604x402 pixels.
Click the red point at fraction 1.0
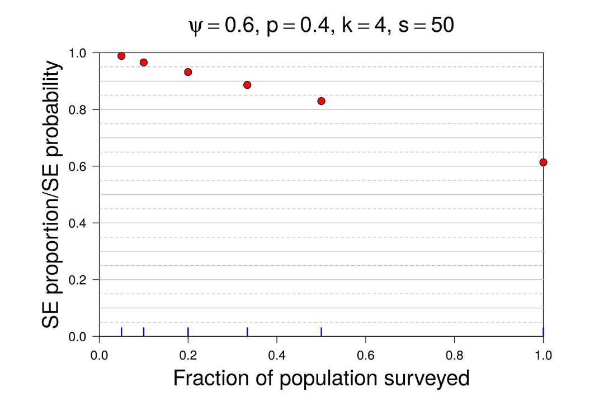543,162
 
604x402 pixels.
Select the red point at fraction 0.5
321,101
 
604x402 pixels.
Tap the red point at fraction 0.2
188,72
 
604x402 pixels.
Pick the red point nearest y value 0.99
121,56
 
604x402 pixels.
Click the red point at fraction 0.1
144,63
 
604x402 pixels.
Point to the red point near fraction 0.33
247,85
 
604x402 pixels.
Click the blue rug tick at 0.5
321,332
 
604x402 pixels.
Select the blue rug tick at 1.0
543,332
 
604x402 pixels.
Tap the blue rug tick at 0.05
121,332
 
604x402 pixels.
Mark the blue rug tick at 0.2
188,332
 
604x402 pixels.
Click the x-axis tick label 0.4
277,354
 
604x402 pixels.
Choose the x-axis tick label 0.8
454,354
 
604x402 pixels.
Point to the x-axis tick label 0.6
365,354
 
